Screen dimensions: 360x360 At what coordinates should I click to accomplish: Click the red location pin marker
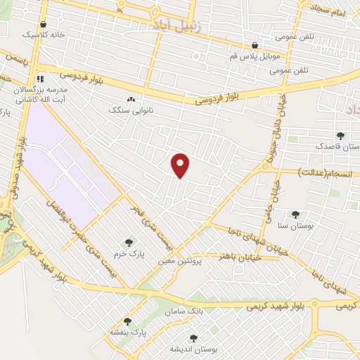point(181,166)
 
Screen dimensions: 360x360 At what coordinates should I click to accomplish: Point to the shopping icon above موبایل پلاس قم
point(245,44)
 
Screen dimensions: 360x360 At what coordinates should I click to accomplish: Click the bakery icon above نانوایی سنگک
point(131,100)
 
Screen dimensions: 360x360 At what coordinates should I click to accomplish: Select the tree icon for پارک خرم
point(128,243)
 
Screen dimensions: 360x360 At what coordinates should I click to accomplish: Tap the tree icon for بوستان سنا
point(295,214)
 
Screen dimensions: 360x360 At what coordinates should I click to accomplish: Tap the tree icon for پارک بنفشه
point(127,321)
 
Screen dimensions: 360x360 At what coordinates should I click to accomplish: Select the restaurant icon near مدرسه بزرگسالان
point(40,79)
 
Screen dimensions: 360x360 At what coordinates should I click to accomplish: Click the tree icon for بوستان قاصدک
point(341,136)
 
